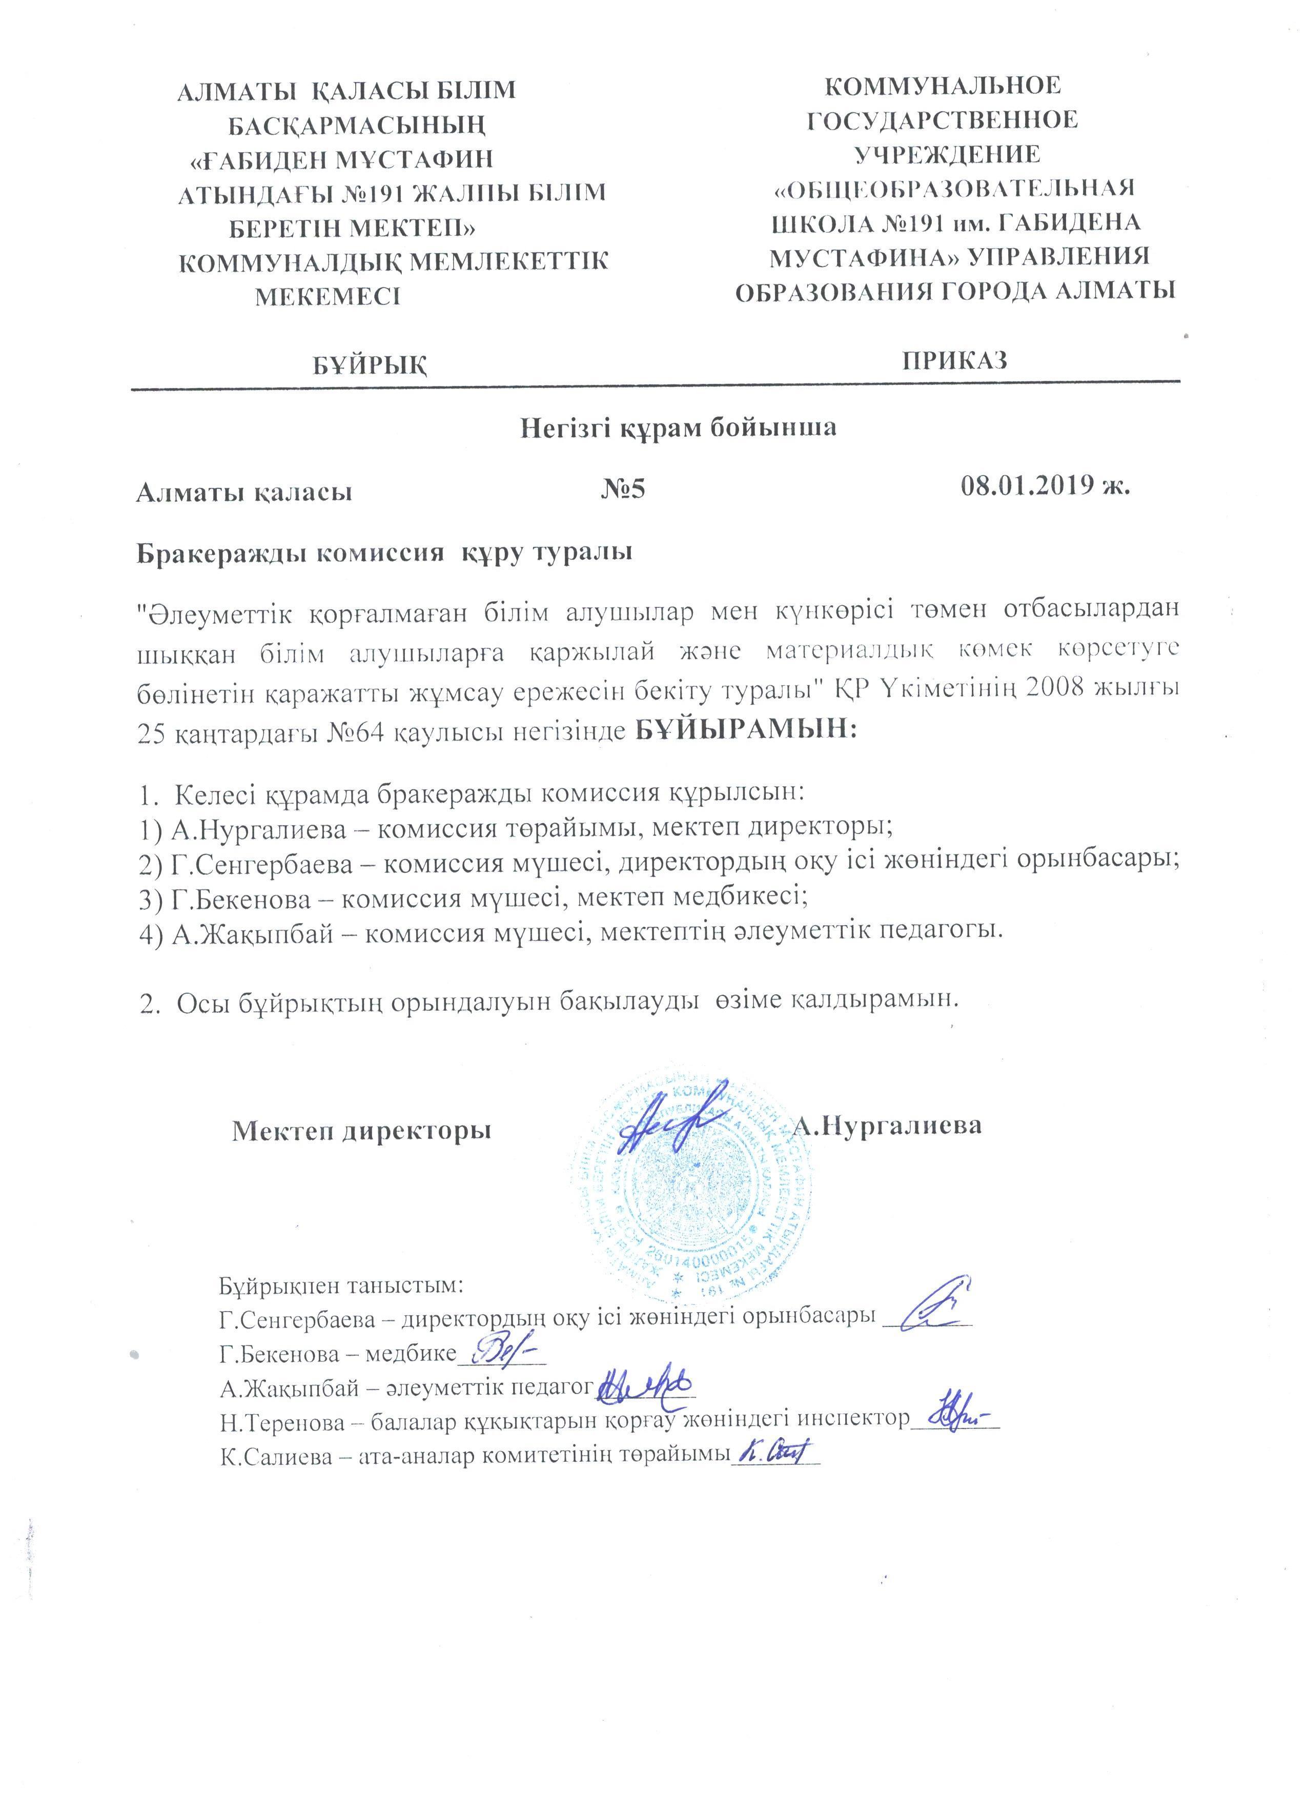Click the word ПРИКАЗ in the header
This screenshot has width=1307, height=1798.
point(954,361)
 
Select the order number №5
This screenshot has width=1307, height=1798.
point(623,489)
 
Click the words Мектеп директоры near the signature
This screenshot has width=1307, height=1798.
point(361,1130)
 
